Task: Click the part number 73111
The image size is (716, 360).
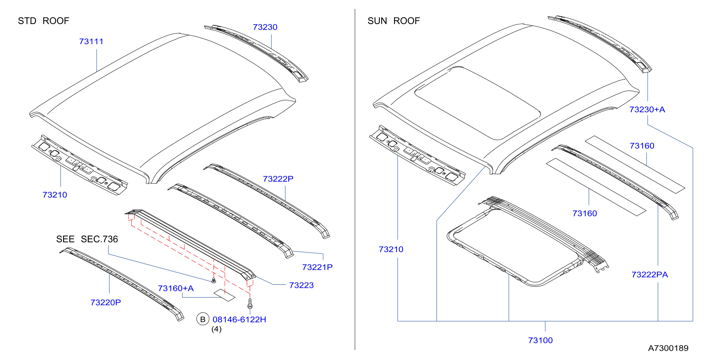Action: click(x=91, y=41)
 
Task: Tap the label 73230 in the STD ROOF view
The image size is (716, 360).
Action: click(x=265, y=27)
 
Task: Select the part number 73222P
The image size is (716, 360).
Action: click(x=278, y=179)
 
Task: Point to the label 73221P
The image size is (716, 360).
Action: click(x=317, y=267)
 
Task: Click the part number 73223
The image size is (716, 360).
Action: click(x=301, y=285)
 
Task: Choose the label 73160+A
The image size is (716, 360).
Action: click(x=176, y=288)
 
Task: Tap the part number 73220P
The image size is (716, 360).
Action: click(x=106, y=303)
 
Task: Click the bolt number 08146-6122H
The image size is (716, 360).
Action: click(x=239, y=319)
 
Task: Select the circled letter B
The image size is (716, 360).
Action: click(x=203, y=319)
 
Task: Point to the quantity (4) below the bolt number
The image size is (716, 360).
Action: click(x=216, y=329)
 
